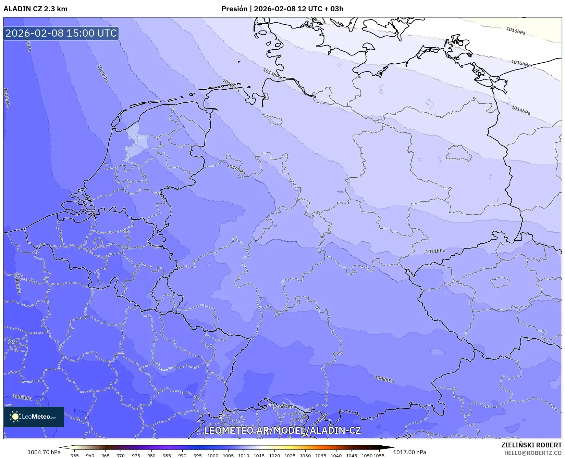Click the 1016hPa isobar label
[x=515, y=31]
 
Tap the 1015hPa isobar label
[x=520, y=63]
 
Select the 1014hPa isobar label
[x=520, y=110]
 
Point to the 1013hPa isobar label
[x=272, y=74]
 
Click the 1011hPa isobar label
[x=435, y=251]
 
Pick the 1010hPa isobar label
[x=236, y=169]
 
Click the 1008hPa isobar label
[x=384, y=379]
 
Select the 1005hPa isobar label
[x=22, y=397]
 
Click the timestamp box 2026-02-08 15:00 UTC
[x=61, y=33]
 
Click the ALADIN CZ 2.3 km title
[x=35, y=9]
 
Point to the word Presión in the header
[x=234, y=9]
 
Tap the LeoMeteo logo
[x=34, y=417]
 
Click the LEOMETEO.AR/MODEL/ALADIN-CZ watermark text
[x=282, y=430]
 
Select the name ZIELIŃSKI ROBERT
[x=531, y=445]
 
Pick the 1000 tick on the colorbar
[x=212, y=456]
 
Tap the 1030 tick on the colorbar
[x=305, y=456]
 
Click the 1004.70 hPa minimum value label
[x=44, y=452]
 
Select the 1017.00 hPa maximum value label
[x=409, y=452]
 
